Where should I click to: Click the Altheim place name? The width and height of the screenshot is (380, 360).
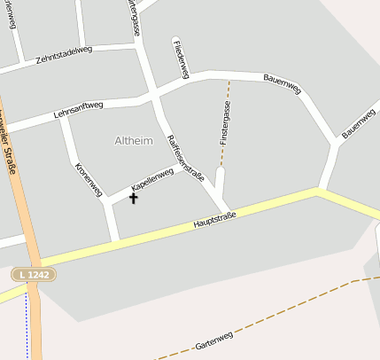click(134, 140)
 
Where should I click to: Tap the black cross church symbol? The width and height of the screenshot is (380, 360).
click(134, 198)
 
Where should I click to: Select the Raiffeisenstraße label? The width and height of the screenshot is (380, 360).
click(185, 158)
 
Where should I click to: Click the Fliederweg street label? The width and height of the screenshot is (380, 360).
click(181, 59)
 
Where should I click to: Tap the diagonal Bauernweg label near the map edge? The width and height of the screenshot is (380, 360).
click(359, 124)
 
